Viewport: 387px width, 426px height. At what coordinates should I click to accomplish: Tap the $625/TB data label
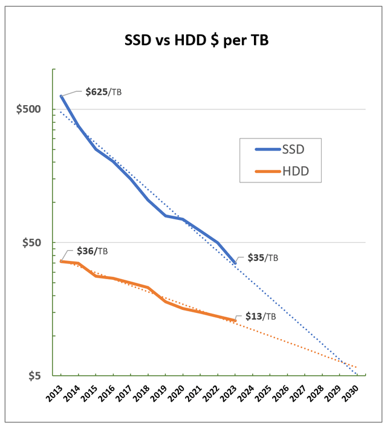pos(103,92)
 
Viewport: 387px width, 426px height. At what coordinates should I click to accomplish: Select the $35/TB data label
pos(262,257)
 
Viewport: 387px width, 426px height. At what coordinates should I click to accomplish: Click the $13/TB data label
pos(261,316)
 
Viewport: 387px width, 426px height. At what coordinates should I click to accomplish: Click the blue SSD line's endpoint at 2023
pos(235,263)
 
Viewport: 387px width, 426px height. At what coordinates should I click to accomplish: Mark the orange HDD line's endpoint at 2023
pos(235,320)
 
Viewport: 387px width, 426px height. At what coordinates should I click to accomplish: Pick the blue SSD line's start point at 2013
pos(61,96)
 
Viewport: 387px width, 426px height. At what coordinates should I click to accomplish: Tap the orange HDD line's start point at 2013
pos(61,261)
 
